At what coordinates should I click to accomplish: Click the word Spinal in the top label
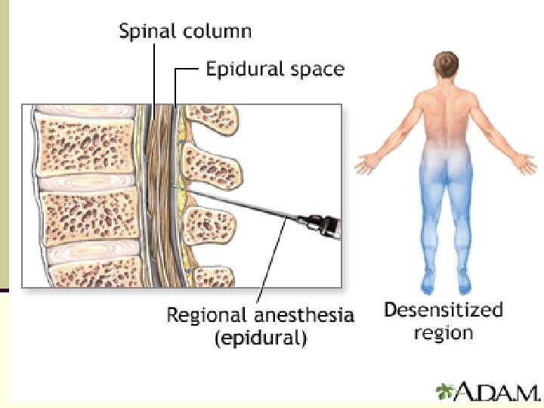pos(144,32)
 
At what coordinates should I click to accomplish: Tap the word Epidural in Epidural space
pos(244,70)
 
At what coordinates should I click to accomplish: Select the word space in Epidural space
pos(316,70)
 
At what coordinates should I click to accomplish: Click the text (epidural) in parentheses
pos(261,338)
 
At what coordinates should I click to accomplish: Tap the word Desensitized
pos(443,310)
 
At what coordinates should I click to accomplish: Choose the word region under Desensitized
pos(443,332)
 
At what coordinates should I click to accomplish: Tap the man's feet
pos(446,286)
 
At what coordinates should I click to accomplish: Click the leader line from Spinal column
pos(154,76)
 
